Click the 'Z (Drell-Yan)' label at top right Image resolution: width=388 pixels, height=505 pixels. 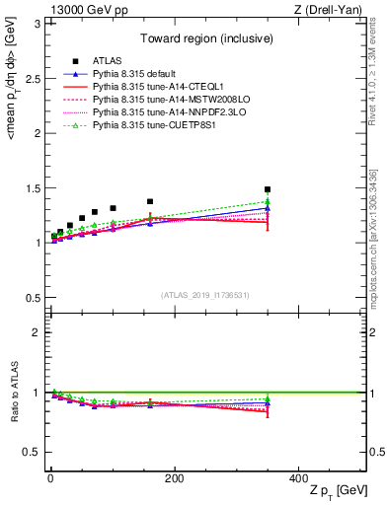click(332, 10)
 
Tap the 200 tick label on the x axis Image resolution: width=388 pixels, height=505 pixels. click(174, 477)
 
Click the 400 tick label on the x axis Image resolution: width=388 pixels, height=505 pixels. click(298, 477)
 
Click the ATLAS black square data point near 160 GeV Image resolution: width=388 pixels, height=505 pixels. click(150, 201)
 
